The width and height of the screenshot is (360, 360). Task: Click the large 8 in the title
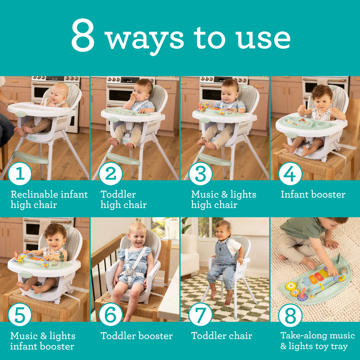tap(83, 35)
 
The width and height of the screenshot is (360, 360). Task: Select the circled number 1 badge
tap(20, 174)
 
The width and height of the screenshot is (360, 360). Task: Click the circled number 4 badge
tap(290, 174)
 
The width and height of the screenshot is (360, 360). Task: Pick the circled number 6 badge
tap(110, 314)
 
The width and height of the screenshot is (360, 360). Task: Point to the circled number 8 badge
tap(290, 315)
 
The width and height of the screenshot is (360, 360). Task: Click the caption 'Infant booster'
tap(313, 194)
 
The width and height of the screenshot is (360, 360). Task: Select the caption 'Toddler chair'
tap(222, 336)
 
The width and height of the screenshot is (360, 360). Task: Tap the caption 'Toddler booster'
tap(137, 336)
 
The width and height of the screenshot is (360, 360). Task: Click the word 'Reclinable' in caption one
tap(33, 194)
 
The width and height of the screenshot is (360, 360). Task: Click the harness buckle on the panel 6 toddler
tap(130, 272)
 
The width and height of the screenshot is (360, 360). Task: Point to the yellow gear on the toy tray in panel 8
tap(291, 286)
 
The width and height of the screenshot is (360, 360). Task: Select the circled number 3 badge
tap(200, 174)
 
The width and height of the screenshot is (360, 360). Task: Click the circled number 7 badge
tap(200, 314)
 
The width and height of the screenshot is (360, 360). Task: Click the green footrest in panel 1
tap(31, 157)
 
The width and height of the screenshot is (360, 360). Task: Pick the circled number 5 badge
tap(20, 314)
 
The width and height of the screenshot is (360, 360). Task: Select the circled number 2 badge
tap(110, 174)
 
